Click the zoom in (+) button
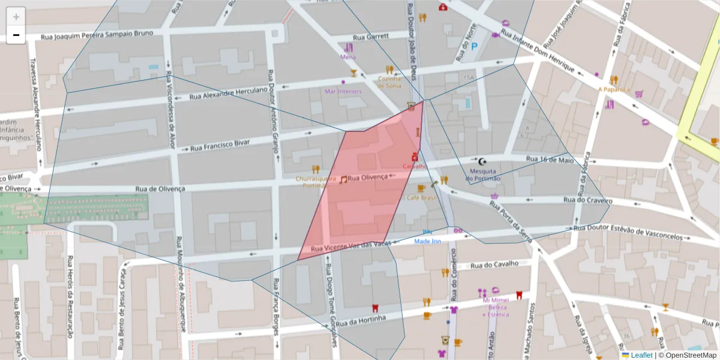point(16,17)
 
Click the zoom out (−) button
point(16,35)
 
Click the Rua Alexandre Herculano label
point(228,94)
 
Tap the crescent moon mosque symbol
point(482,161)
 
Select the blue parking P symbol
point(475,46)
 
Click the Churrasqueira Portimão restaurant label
point(315,182)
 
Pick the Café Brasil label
point(421,197)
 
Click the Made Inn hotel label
point(428,241)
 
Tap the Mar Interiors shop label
point(343,91)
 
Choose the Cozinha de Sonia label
point(389,82)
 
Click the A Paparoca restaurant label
point(614,89)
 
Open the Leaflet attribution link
point(641,355)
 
